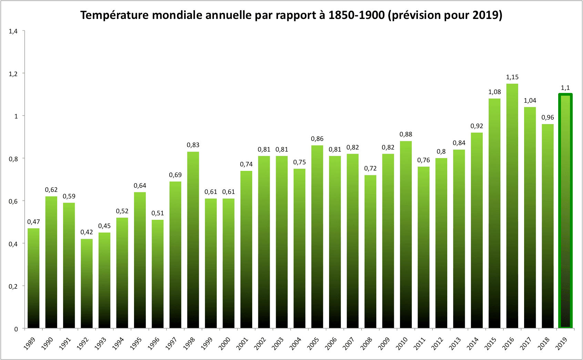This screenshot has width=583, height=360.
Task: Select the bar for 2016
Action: pyautogui.click(x=512, y=206)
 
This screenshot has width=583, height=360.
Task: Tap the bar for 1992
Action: pyautogui.click(x=87, y=283)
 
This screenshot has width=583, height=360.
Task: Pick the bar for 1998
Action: pyautogui.click(x=193, y=240)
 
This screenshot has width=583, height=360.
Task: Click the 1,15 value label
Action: pyautogui.click(x=512, y=77)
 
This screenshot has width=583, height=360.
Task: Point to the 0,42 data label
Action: pyautogui.click(x=87, y=232)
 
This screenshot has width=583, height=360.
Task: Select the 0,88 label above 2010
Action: pyautogui.click(x=406, y=134)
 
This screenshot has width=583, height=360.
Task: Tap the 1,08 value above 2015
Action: pyautogui.click(x=494, y=92)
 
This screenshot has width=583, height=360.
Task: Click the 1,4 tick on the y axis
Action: pyautogui.click(x=13, y=31)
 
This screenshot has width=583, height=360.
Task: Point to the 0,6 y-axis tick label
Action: pyautogui.click(x=13, y=202)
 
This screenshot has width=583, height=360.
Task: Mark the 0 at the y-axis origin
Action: pyautogui.click(x=16, y=329)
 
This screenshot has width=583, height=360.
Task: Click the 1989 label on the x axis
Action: pyautogui.click(x=30, y=343)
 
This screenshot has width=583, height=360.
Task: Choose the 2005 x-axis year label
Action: pyautogui.click(x=314, y=343)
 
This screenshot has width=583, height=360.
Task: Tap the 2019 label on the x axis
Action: pyautogui.click(x=562, y=343)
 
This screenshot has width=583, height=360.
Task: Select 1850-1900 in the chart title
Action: pyautogui.click(x=356, y=15)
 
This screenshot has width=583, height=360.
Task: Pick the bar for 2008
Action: pyautogui.click(x=370, y=251)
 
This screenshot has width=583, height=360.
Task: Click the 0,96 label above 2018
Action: pyautogui.click(x=548, y=117)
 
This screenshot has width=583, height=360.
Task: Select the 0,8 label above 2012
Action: pyautogui.click(x=441, y=152)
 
